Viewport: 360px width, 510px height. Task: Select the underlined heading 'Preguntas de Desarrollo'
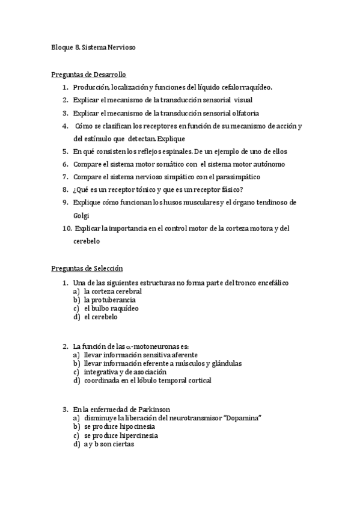pos(88,75)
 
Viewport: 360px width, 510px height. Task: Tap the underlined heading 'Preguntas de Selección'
pos(87,268)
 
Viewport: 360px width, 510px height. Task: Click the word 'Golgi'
pos(82,215)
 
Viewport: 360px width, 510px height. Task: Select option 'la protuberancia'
pos(109,300)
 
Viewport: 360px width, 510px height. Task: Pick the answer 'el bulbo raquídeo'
pos(111,308)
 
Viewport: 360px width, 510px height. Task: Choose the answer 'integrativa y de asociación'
pos(125,372)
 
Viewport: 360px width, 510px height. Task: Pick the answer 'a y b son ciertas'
pos(109,444)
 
